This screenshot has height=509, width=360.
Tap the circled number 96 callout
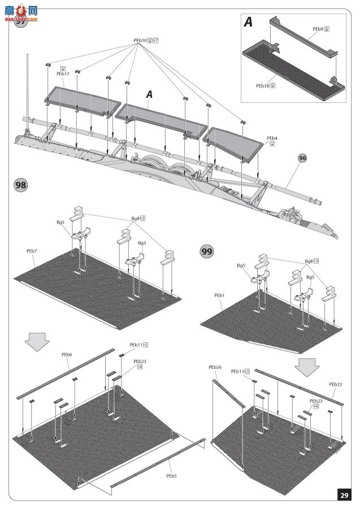[x=303, y=158]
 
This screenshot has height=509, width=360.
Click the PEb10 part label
[x=140, y=41]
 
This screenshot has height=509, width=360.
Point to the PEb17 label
[x=63, y=74]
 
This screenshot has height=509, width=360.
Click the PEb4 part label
[x=272, y=138]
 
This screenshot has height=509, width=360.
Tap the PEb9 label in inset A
[x=318, y=28]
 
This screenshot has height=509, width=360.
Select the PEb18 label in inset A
[x=262, y=85]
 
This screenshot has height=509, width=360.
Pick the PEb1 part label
[x=219, y=295]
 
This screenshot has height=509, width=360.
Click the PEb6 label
[x=67, y=355]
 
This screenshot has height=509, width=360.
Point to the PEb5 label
[x=171, y=476]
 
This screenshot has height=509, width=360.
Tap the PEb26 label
[x=215, y=367]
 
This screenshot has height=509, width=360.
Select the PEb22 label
[x=336, y=384]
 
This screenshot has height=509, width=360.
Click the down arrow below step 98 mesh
[x=38, y=341]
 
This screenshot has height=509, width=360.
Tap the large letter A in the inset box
[x=249, y=23]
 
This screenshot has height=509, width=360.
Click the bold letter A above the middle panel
[x=149, y=94]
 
